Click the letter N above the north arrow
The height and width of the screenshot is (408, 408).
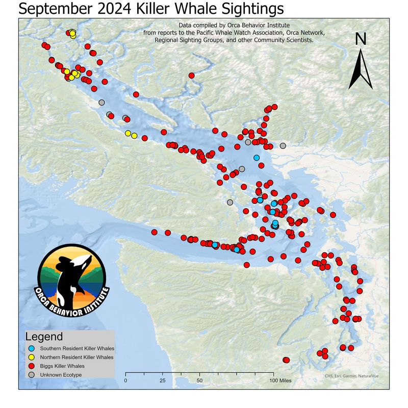point(361,39)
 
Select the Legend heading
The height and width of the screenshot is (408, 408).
point(44,337)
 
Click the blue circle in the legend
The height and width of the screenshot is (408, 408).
point(31,349)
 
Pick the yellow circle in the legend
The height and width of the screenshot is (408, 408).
point(31,358)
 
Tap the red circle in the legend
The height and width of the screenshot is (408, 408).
point(31,366)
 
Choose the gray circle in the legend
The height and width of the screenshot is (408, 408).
point(31,375)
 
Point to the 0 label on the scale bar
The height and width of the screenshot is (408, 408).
point(126,380)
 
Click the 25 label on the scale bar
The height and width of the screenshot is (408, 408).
point(163,380)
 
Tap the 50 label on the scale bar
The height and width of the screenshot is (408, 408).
point(200,380)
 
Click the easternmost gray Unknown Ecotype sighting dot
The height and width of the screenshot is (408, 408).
point(283,146)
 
